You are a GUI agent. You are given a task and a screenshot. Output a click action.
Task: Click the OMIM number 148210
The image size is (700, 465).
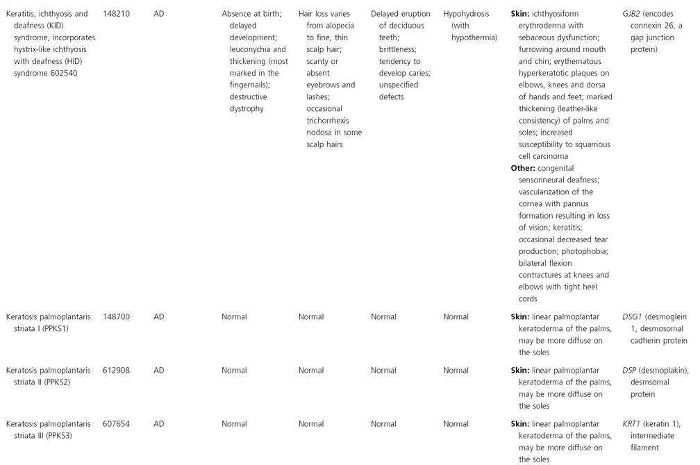(115, 13)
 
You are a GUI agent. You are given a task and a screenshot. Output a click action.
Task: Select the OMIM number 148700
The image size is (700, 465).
(115, 316)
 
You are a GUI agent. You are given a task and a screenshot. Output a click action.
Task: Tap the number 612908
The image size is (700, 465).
(115, 370)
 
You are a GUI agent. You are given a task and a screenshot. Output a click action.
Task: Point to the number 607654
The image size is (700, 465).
(115, 423)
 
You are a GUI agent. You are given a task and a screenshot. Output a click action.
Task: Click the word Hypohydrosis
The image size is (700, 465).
(466, 13)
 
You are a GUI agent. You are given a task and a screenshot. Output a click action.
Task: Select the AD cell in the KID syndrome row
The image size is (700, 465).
(159, 13)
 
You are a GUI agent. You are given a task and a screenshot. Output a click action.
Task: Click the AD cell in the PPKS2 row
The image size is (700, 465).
(159, 370)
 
